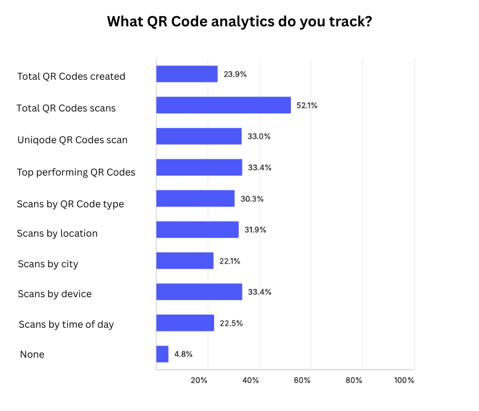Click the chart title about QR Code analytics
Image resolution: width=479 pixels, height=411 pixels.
tap(239, 22)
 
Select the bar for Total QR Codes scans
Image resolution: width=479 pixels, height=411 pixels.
tap(223, 105)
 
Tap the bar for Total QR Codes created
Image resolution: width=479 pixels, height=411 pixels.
tap(187, 74)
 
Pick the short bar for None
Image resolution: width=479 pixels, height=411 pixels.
tap(162, 354)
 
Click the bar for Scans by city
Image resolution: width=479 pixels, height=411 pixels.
tap(184, 261)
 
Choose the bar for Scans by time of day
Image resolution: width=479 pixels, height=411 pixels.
tap(185, 323)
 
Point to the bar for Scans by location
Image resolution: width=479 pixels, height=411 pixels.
tap(197, 229)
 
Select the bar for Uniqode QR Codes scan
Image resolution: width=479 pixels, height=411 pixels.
tap(199, 136)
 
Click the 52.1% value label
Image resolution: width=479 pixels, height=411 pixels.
tap(307, 105)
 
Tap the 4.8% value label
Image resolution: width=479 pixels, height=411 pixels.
tap(183, 354)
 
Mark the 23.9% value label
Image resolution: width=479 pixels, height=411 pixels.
tap(235, 74)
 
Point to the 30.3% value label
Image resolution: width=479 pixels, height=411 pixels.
tap(251, 199)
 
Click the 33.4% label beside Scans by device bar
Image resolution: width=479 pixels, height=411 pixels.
tap(260, 292)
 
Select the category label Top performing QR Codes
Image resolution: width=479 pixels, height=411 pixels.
tap(76, 172)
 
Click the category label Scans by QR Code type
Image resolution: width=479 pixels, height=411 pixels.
tap(71, 204)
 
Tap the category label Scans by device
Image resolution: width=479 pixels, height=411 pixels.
tap(54, 294)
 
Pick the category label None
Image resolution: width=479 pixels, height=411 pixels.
tap(32, 355)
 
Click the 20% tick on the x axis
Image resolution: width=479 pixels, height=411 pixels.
tap(199, 380)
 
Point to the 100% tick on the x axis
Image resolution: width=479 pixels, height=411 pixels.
tap(404, 380)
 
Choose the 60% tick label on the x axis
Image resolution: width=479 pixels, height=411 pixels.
tap(302, 380)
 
